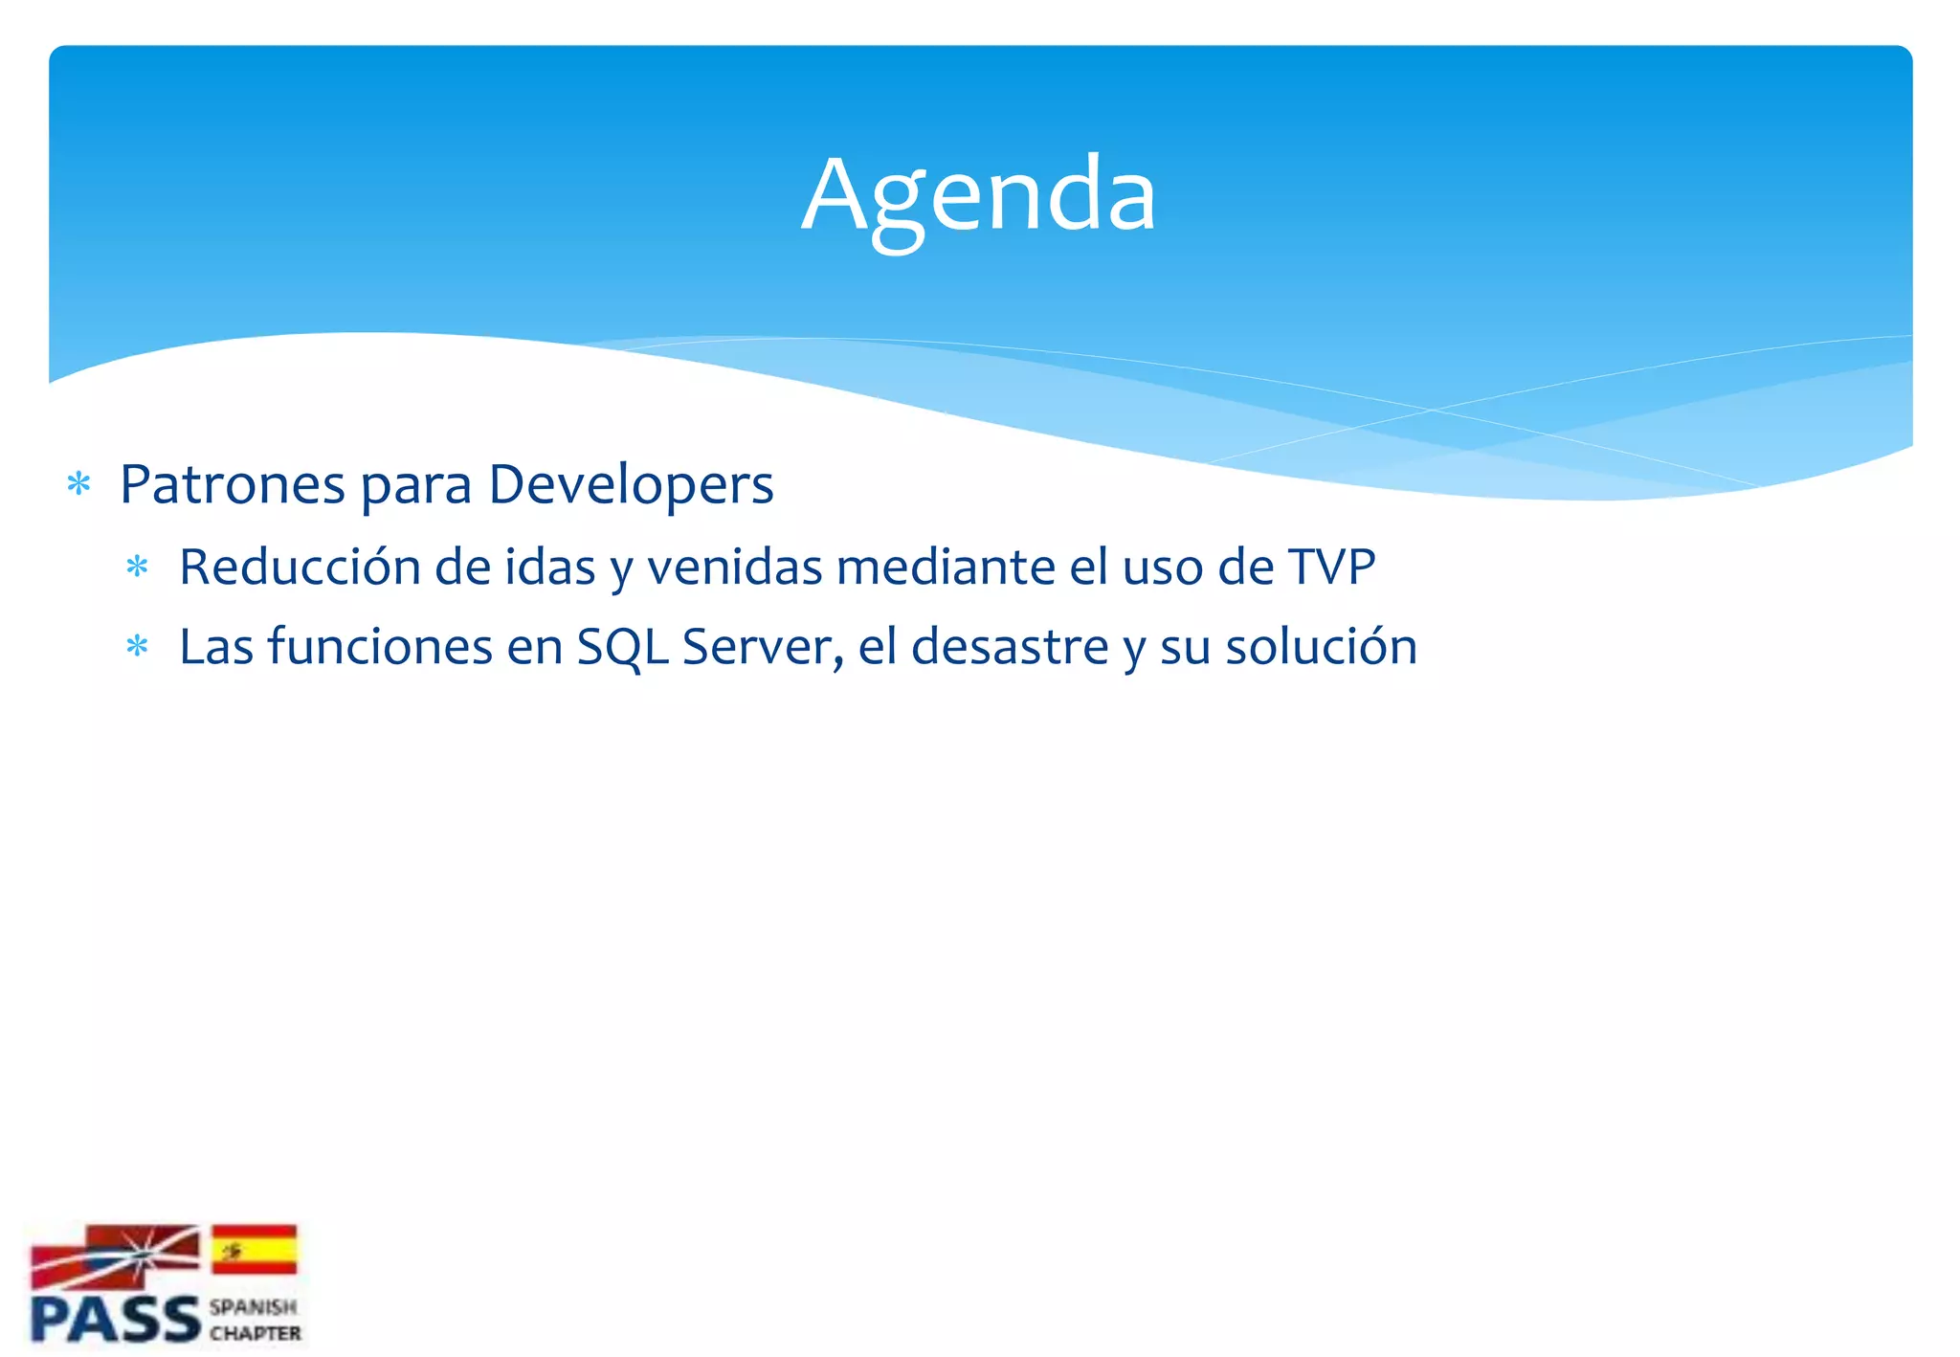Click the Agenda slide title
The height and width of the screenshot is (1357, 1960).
[x=978, y=195]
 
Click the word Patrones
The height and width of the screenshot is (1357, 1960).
[x=232, y=484]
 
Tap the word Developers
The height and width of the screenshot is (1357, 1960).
[x=631, y=484]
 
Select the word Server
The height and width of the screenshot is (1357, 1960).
[x=762, y=646]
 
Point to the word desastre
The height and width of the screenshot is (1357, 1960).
[x=1010, y=646]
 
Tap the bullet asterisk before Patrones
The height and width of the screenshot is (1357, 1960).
[x=79, y=484]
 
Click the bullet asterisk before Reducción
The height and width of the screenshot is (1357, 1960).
[x=138, y=567]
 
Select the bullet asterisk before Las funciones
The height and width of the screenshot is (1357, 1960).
[x=138, y=647]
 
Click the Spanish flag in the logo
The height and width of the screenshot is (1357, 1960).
[x=254, y=1249]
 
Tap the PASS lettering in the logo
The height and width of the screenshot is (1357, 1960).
[x=115, y=1320]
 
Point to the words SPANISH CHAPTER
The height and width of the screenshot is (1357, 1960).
[x=255, y=1320]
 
